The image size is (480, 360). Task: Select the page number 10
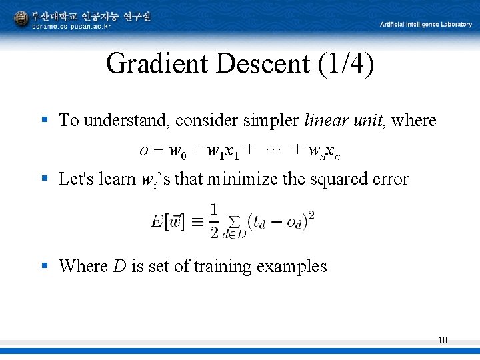point(443,341)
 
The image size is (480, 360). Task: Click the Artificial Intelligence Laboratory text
point(426,24)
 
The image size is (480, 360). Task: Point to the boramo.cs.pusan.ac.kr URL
point(72,26)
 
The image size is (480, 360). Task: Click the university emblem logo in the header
point(21,19)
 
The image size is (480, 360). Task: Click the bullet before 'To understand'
point(45,120)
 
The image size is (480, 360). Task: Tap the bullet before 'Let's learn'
point(45,178)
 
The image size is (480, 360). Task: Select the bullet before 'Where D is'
point(45,265)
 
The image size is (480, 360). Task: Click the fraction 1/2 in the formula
point(214,221)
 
